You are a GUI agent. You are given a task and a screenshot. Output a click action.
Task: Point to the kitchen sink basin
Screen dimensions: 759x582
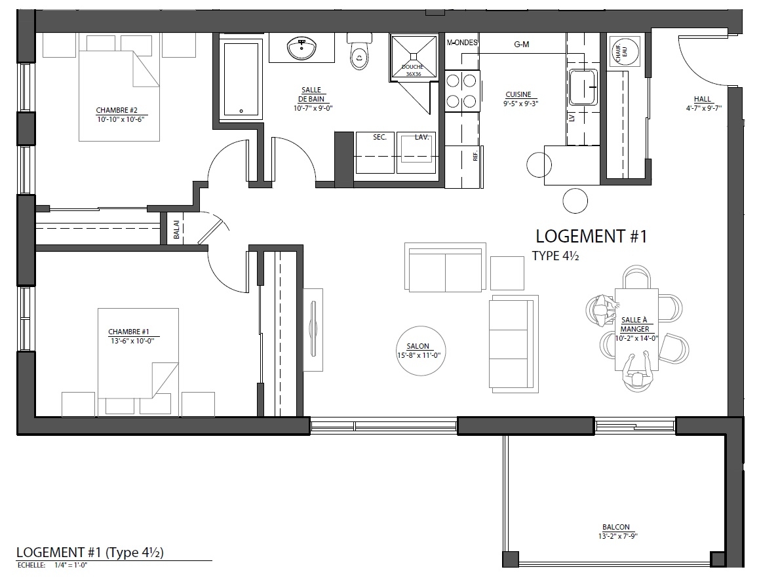click(x=583, y=87)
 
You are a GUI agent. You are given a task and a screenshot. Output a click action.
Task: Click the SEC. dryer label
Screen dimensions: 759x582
click(x=379, y=138)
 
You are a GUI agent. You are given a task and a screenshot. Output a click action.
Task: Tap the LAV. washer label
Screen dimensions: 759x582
click(x=421, y=138)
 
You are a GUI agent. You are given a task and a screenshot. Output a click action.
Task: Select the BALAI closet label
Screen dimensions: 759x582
click(x=176, y=229)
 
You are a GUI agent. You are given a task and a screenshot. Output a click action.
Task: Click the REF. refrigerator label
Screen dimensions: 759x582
click(x=475, y=155)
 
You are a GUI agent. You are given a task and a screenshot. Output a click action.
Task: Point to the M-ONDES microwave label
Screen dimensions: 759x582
click(x=462, y=43)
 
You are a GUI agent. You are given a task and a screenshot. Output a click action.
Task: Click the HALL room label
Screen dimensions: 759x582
click(x=702, y=99)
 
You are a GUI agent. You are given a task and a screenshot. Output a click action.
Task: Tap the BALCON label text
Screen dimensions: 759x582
click(x=616, y=527)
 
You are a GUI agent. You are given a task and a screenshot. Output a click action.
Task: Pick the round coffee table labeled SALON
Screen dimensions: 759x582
click(x=420, y=351)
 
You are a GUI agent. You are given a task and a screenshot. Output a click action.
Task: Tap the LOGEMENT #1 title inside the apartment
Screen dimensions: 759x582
click(x=591, y=237)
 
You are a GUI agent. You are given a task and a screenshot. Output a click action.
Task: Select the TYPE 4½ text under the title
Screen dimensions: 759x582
click(x=556, y=256)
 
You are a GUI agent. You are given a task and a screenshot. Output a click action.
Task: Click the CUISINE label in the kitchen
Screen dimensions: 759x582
click(x=518, y=94)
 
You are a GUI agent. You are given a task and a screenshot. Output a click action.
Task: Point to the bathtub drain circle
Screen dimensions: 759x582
click(x=241, y=111)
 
